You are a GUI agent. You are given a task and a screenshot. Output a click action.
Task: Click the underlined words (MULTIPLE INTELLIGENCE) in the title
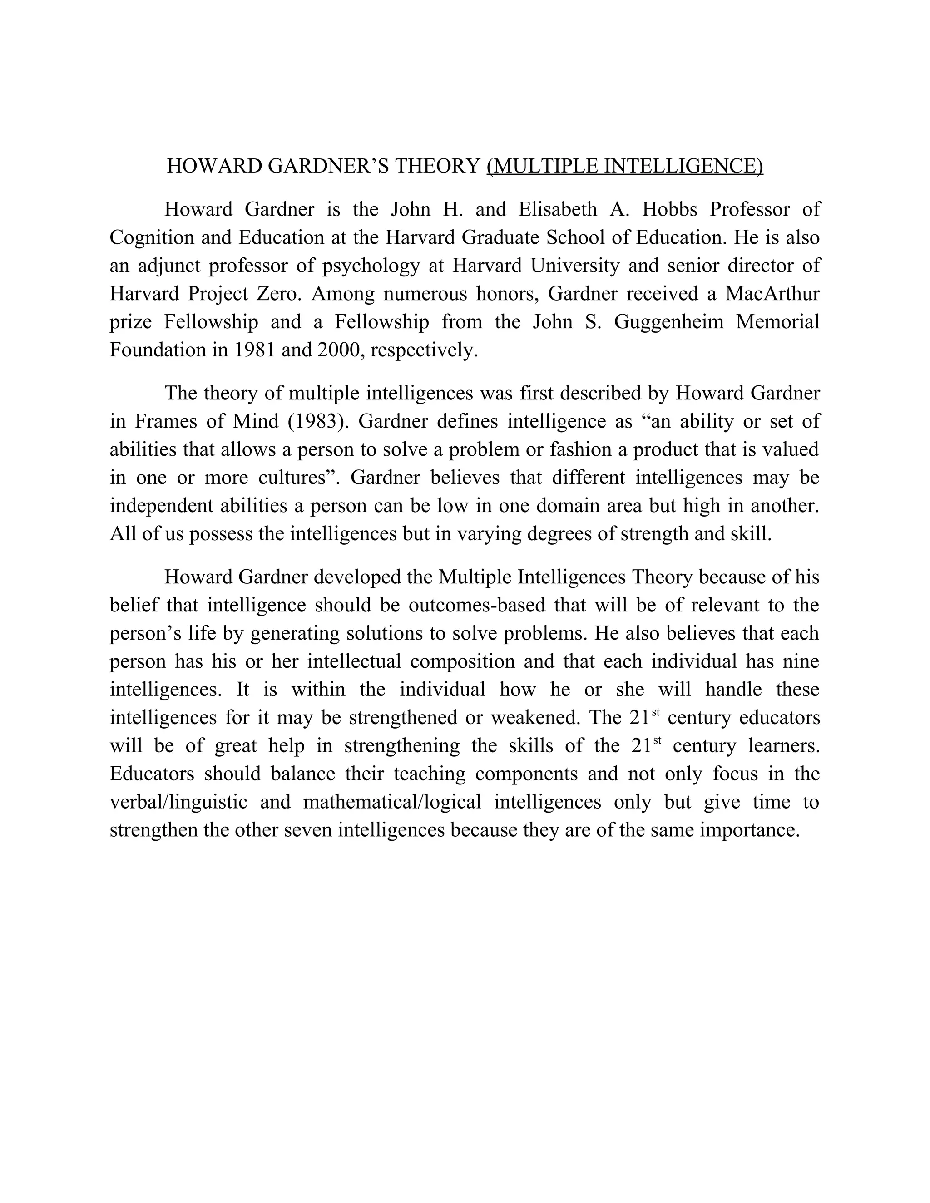coord(625,166)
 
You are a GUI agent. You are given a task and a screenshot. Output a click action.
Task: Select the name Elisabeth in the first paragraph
coord(558,209)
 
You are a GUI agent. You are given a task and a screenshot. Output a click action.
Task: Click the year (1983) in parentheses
coord(318,421)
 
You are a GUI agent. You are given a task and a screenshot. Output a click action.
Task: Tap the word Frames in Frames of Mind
coord(166,421)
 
